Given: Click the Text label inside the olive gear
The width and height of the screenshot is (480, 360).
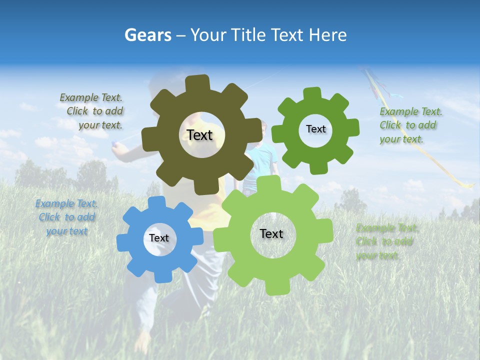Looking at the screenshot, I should click(199, 135).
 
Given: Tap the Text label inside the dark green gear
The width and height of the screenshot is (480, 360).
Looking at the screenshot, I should click(315, 129).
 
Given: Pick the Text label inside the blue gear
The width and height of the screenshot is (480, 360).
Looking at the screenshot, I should click(159, 238).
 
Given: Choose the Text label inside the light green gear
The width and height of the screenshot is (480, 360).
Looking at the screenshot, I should click(271, 233).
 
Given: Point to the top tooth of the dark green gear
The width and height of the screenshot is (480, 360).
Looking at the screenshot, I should click(312, 93).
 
